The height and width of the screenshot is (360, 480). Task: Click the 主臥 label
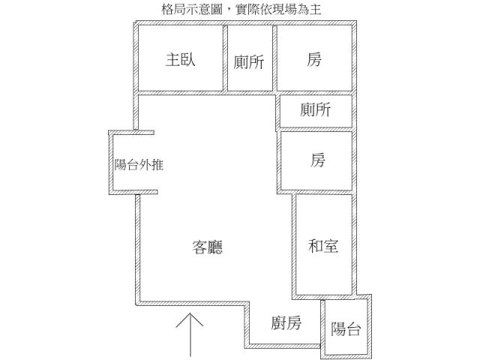[180, 60]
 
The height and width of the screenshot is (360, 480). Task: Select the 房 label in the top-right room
[314, 60]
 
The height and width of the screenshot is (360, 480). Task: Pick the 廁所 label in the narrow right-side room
[315, 110]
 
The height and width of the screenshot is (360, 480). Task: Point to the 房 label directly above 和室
[318, 160]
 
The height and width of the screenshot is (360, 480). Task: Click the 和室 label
[323, 245]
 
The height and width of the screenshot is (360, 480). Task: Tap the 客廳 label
[208, 247]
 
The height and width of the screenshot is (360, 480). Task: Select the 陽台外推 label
[139, 165]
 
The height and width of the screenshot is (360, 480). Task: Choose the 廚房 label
[286, 323]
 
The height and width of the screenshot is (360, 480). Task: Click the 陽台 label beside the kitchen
[346, 328]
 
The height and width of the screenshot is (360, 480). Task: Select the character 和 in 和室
[316, 245]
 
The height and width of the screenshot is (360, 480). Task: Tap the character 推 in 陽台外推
[157, 165]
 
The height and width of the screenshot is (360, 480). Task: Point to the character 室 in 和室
[331, 245]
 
